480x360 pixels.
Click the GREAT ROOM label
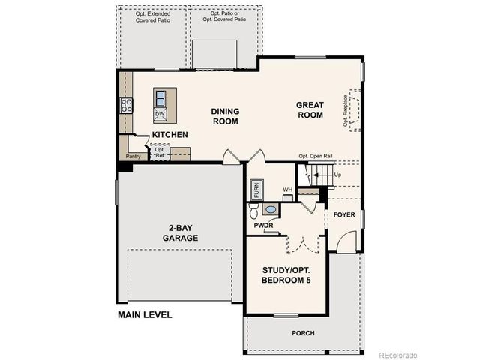[309, 110]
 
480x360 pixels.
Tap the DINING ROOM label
[225, 116]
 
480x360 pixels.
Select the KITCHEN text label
[169, 135]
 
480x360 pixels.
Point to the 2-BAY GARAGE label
[180, 233]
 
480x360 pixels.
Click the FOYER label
[344, 214]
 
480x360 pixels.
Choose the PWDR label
[262, 224]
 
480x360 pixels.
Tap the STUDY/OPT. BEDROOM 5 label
[286, 274]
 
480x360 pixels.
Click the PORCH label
[303, 333]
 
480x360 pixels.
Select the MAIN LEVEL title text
[145, 314]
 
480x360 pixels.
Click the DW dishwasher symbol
[160, 114]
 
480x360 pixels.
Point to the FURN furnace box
[256, 190]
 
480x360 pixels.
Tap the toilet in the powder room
[253, 210]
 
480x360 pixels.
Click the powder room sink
[270, 210]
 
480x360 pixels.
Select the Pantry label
[133, 156]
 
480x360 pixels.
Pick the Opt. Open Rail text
[316, 157]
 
